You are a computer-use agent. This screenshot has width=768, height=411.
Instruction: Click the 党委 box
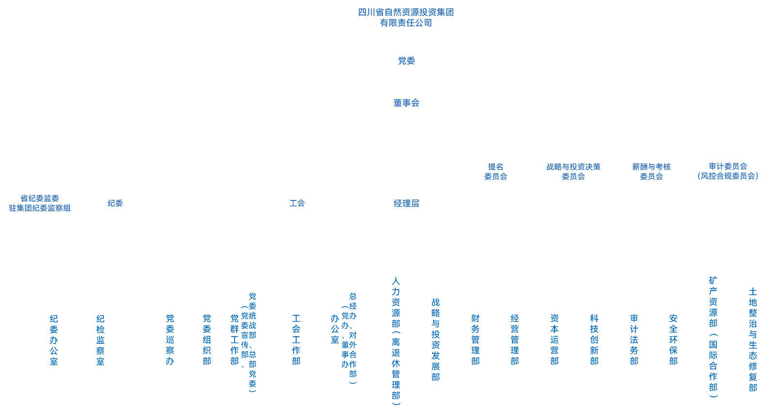click(x=406, y=61)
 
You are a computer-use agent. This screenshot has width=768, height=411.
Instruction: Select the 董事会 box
click(x=406, y=103)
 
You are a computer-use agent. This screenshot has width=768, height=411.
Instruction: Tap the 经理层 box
click(x=406, y=203)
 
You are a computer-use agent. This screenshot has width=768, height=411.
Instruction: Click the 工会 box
click(x=297, y=203)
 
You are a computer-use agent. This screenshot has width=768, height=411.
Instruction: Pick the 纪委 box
click(x=115, y=203)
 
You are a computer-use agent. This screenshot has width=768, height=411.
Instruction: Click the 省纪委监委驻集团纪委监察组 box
click(x=40, y=203)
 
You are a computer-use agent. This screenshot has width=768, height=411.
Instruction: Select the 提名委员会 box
click(x=495, y=171)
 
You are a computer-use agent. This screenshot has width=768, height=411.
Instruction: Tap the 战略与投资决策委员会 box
click(x=573, y=171)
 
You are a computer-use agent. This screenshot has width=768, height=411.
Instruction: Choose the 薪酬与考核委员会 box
click(x=651, y=171)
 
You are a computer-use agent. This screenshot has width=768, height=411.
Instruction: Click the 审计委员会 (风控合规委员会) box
click(x=728, y=171)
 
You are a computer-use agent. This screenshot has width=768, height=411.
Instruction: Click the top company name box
click(x=406, y=17)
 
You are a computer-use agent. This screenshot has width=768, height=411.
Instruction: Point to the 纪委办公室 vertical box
click(x=54, y=340)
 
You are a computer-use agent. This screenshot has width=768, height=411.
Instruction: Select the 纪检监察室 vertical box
click(x=100, y=340)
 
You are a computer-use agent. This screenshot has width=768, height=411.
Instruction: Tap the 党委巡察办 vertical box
click(x=170, y=340)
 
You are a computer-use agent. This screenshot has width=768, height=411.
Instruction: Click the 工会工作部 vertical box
click(x=296, y=340)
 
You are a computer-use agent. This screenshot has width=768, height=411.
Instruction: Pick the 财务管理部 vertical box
click(x=475, y=340)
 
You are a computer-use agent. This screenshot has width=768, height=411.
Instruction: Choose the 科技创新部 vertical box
click(x=594, y=340)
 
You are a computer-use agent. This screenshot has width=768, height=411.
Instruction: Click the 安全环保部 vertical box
click(x=673, y=340)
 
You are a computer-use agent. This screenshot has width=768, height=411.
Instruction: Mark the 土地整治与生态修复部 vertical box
click(x=753, y=340)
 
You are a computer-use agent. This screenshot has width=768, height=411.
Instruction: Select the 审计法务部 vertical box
click(x=634, y=340)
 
